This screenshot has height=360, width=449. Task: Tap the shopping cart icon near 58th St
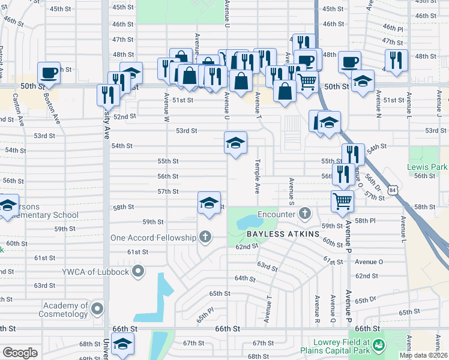(x=342, y=201)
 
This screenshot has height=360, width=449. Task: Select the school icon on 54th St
(x=236, y=143)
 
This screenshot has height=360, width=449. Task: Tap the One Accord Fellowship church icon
(x=205, y=237)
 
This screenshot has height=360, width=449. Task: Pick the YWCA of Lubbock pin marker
(x=138, y=272)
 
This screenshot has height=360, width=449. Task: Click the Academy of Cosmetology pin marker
(x=98, y=309)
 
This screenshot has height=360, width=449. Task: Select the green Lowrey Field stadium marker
(x=378, y=345)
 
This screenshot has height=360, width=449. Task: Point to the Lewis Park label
(x=427, y=166)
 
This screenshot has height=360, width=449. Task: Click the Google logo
(x=20, y=353)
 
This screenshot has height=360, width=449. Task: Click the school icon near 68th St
(x=123, y=344)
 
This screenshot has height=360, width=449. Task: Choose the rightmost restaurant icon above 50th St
(x=396, y=60)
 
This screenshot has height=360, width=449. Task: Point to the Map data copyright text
(x=423, y=355)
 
